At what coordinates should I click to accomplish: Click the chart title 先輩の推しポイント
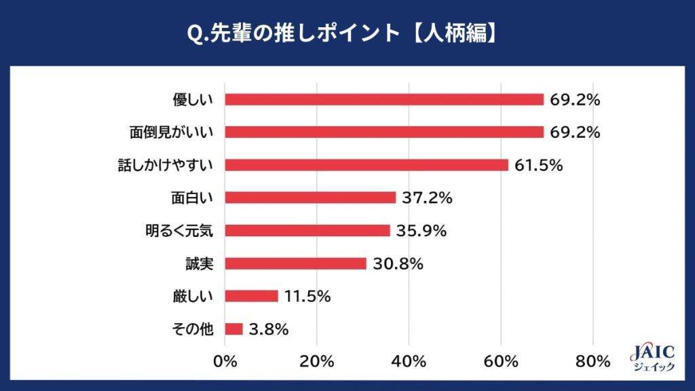[347, 33]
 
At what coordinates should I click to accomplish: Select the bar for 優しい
[384, 99]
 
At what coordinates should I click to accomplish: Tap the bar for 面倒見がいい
[384, 132]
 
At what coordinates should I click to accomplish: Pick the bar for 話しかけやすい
[367, 165]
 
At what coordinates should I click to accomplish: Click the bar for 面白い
[310, 198]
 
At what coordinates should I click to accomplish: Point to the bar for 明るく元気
[307, 230]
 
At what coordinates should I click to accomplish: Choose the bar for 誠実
[295, 263]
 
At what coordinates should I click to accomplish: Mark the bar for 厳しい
[251, 296]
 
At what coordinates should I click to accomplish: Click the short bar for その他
[233, 329]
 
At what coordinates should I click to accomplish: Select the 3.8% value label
[269, 329]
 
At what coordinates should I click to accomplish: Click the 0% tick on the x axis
[225, 362]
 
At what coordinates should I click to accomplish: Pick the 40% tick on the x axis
[409, 362]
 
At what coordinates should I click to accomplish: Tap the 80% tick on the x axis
[593, 362]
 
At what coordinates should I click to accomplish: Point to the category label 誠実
[200, 263]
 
